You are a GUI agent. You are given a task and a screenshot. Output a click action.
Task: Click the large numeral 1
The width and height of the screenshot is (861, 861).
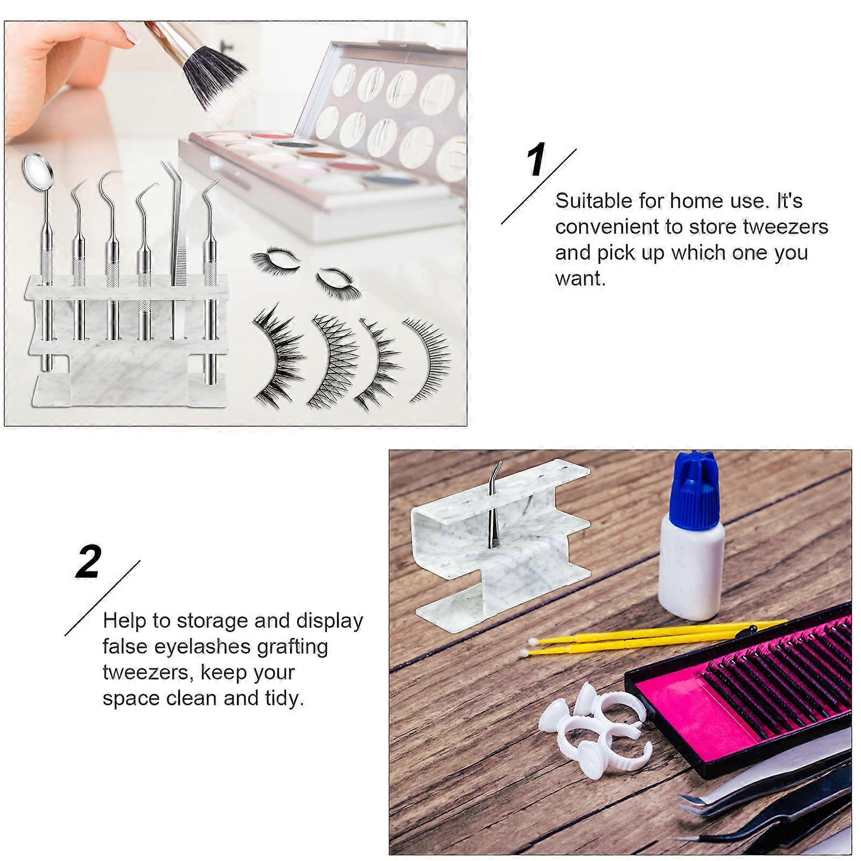[535, 160]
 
